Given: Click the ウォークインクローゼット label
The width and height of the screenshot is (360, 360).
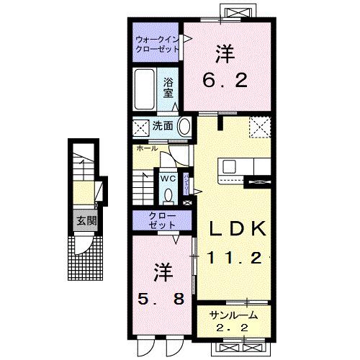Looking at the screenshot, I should coord(156,45).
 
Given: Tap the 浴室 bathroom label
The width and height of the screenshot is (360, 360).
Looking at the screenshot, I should coord(168,86).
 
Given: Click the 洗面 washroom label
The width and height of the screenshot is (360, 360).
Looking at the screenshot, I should coord(162,126).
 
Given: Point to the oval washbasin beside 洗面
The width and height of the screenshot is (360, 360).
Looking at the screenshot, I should coord(184,127).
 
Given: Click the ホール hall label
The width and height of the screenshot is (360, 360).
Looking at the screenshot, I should coord(141,148).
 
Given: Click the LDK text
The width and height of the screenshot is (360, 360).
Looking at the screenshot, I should coord(238,229).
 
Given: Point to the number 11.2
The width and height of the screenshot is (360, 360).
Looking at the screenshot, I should coord(238,256).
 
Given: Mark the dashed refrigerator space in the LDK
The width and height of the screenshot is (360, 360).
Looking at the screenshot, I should coord(259,126).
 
